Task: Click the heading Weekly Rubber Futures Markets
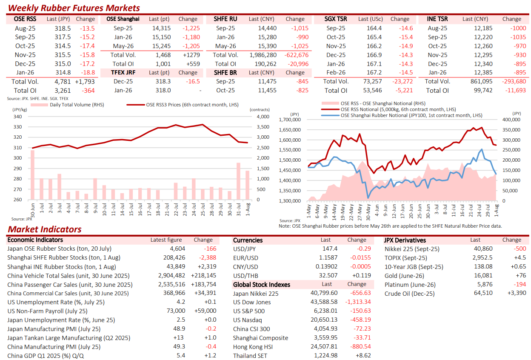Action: (74, 8)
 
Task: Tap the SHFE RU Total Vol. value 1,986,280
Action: (263, 55)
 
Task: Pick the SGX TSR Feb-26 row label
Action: (336, 73)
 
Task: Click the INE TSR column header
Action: (437, 19)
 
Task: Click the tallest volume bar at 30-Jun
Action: (32, 175)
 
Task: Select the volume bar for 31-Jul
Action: (238, 181)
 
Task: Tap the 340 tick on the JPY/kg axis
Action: (18, 117)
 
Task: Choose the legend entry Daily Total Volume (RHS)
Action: (67, 105)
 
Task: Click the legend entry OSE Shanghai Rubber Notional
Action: (402, 115)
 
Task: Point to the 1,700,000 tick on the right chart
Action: (290, 120)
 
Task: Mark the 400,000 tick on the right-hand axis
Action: (511, 120)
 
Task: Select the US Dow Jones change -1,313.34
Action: (358, 302)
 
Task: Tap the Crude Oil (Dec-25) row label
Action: (409, 294)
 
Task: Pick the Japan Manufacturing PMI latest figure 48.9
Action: (179, 329)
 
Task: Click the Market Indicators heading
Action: (45, 229)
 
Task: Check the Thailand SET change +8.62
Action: (363, 355)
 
